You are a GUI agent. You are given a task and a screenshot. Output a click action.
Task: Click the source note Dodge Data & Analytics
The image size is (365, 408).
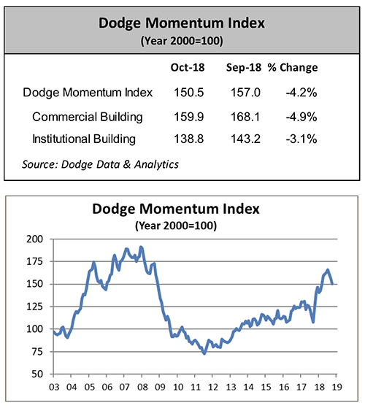pos(101,163)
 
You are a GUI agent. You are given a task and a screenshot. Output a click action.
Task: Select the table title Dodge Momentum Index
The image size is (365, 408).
pos(182,23)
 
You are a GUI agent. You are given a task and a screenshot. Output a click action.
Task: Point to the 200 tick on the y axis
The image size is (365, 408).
pos(34,239)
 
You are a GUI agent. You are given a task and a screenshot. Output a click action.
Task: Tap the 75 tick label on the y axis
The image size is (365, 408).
pos(36,351)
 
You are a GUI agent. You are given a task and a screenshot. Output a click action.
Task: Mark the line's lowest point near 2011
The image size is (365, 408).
pos(204,353)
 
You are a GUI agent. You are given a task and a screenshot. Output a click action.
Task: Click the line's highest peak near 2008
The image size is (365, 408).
pos(141,247)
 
